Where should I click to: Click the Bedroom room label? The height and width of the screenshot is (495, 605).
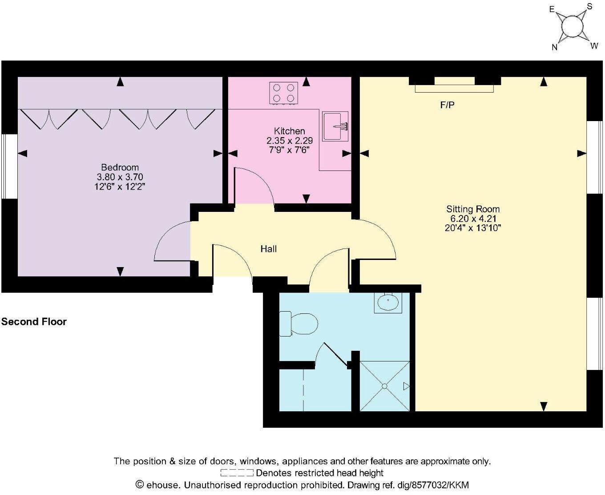[x=120, y=167]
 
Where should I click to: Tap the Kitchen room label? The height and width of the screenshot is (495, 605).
[x=289, y=131]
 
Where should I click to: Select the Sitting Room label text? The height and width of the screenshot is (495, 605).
[x=473, y=209]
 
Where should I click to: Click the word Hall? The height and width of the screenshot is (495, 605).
[x=268, y=249]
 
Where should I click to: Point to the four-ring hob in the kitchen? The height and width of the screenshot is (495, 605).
[x=283, y=93]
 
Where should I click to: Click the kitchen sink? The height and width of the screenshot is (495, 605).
[x=335, y=126]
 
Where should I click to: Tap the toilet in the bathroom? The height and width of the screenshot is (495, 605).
[x=299, y=324]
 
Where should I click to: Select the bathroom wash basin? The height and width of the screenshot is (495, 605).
[x=388, y=303]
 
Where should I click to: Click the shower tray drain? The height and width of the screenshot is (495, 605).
[x=384, y=386]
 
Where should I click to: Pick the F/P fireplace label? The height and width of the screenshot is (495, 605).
[x=447, y=105]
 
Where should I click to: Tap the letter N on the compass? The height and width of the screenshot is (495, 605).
[x=554, y=48]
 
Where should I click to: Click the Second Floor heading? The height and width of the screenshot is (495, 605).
[x=34, y=322]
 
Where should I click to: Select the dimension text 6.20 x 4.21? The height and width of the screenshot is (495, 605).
[x=473, y=219]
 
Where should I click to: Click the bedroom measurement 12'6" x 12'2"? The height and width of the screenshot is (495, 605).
[x=120, y=187]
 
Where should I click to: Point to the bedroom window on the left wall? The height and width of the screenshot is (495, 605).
[x=9, y=166]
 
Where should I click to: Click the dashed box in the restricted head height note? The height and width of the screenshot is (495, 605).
[x=237, y=473]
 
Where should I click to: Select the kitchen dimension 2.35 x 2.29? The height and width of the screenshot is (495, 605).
[x=289, y=141]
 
